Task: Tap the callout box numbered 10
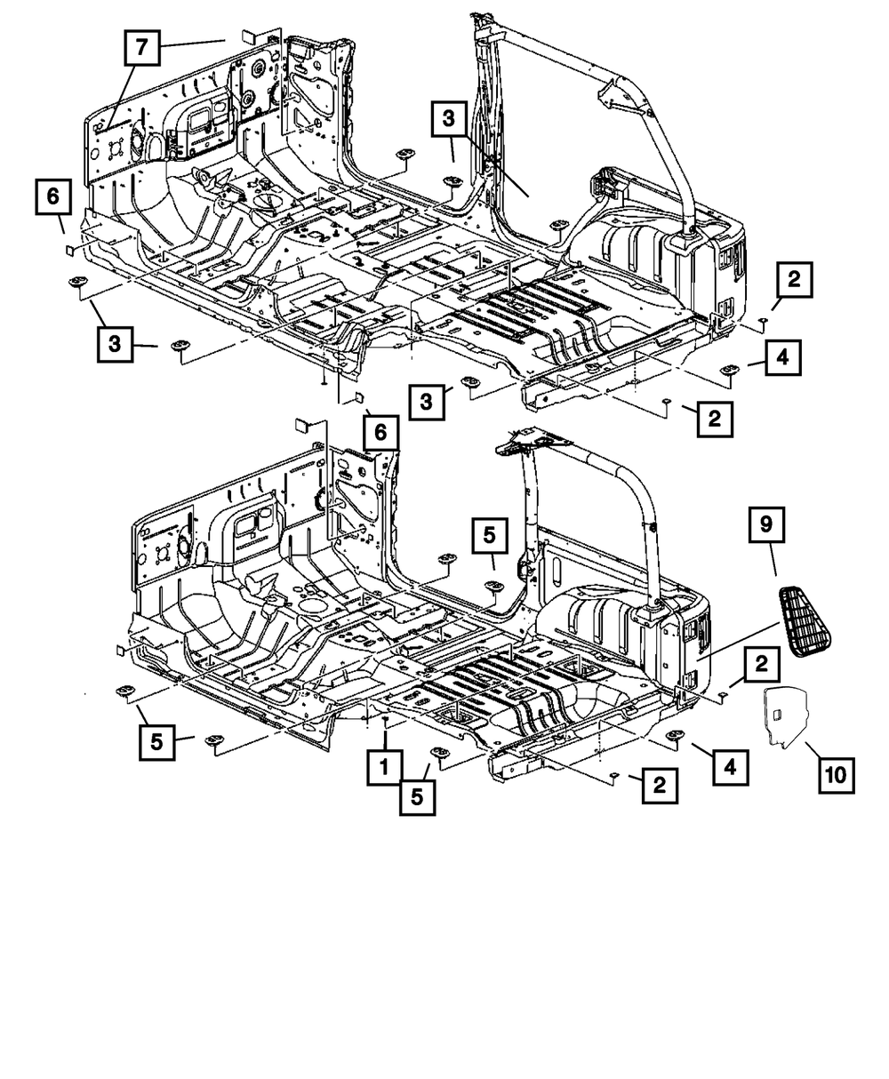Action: point(836,775)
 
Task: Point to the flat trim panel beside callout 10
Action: point(781,712)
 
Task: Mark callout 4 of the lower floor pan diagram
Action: point(729,763)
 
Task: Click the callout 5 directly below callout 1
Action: point(417,796)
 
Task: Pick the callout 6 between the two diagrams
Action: point(380,433)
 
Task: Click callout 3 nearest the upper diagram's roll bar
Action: point(450,119)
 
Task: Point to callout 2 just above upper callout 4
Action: point(793,279)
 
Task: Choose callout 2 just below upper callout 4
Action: point(715,417)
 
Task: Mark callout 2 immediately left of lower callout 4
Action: point(659,785)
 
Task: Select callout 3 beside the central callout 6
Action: point(427,402)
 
